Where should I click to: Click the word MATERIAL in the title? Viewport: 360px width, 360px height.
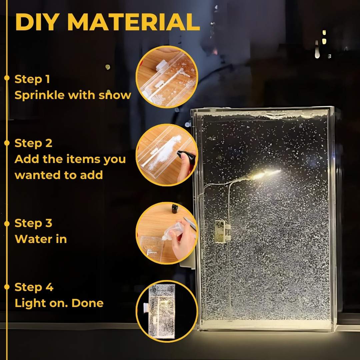(133, 22)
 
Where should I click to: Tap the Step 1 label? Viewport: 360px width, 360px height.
(32, 79)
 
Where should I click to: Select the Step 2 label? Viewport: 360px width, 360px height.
(33, 143)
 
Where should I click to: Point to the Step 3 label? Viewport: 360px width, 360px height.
(33, 223)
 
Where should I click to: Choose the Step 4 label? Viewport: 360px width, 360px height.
(34, 287)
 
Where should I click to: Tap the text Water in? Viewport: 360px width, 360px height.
(41, 239)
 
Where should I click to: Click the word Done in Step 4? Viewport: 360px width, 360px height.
(87, 303)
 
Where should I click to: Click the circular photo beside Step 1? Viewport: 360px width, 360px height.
(167, 77)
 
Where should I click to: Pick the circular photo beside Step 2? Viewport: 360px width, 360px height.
(167, 155)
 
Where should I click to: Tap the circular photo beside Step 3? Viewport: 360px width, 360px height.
(167, 233)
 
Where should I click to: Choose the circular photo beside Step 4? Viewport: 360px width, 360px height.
(167, 311)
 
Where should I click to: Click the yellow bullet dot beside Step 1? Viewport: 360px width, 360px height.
(7, 78)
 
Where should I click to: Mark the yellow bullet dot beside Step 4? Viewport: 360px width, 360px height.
(7, 287)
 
